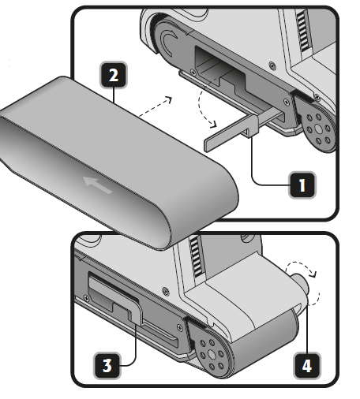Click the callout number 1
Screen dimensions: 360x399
pos(302,185)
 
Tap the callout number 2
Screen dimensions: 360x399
pos(114,75)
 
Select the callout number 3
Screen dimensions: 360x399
pos(107,365)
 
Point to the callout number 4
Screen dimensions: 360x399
pos(307,365)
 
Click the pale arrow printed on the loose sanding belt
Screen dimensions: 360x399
pos(97,185)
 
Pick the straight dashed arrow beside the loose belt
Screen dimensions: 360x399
pos(156,106)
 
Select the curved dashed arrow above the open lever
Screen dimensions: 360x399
pos(205,109)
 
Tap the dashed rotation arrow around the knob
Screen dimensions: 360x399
pos(306,282)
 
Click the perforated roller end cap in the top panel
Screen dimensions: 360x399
pos(318,129)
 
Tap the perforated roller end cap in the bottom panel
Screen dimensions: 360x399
pos(212,353)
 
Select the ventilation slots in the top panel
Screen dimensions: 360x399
pos(303,31)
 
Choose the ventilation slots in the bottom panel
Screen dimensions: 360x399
pos(197,257)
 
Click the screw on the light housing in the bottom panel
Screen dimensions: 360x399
pos(166,291)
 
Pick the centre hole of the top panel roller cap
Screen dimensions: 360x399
pos(318,129)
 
